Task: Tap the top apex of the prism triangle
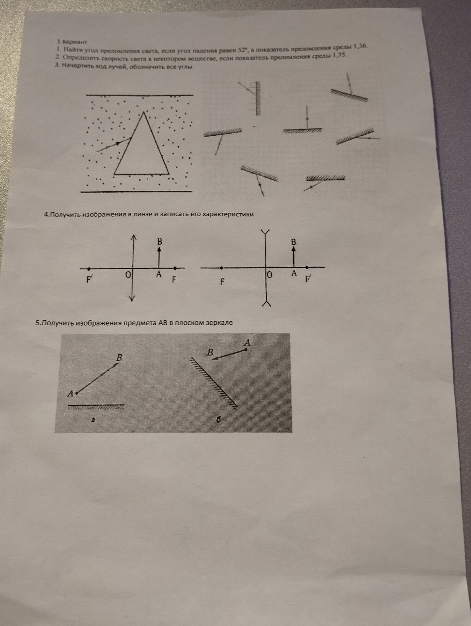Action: [144, 112]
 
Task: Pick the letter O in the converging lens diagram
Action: [128, 275]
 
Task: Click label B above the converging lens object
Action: [159, 242]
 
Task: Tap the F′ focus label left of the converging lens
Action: [89, 280]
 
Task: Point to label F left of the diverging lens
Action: [222, 281]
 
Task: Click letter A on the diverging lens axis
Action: [294, 274]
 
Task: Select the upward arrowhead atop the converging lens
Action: [133, 237]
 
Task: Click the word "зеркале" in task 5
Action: [220, 323]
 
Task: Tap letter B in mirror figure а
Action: [119, 357]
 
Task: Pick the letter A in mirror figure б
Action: [248, 343]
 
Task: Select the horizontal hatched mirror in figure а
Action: [96, 407]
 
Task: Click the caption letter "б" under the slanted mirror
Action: [219, 420]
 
